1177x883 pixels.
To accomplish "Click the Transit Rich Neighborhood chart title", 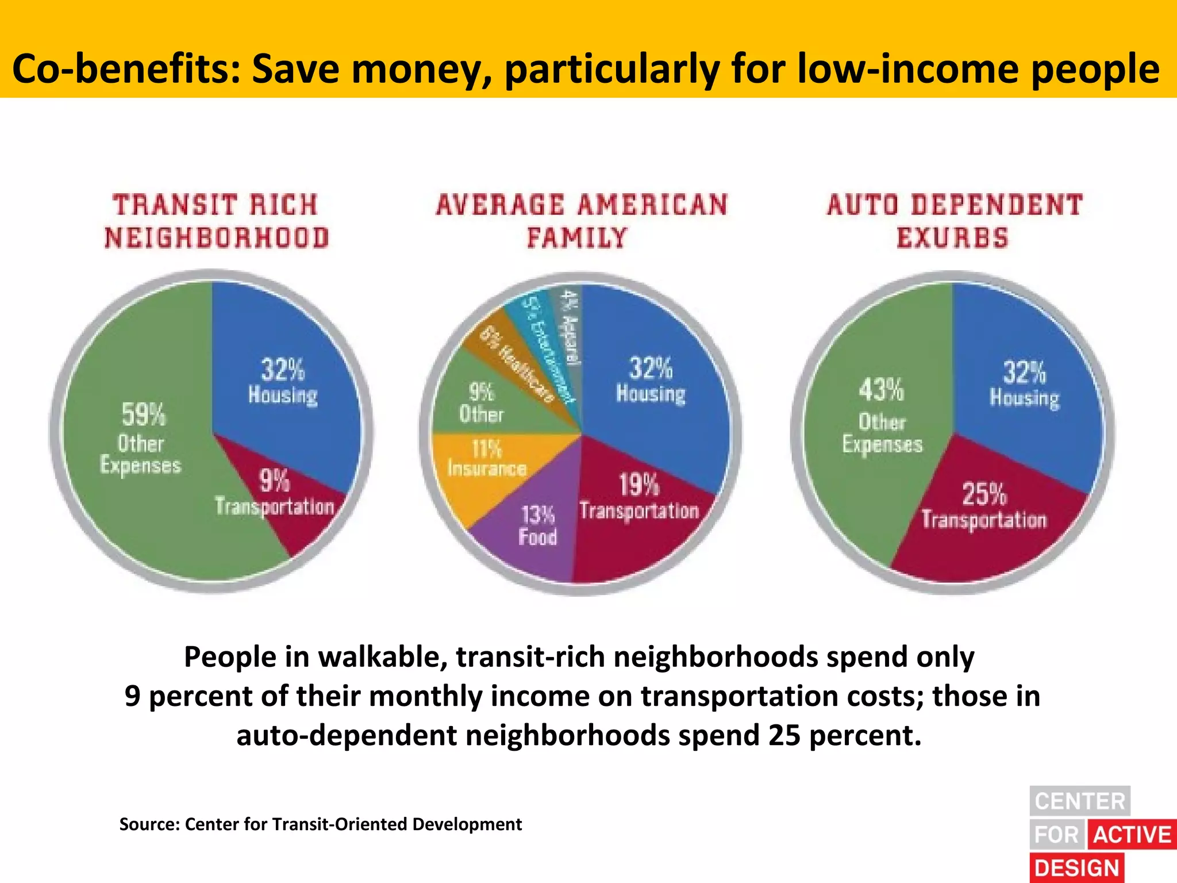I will click(216, 221).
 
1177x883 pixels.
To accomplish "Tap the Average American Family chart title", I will click(582, 221).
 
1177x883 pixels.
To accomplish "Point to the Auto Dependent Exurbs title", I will click(954, 221).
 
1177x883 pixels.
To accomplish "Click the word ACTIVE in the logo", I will click(1132, 835).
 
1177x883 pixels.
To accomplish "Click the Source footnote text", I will click(320, 824).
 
